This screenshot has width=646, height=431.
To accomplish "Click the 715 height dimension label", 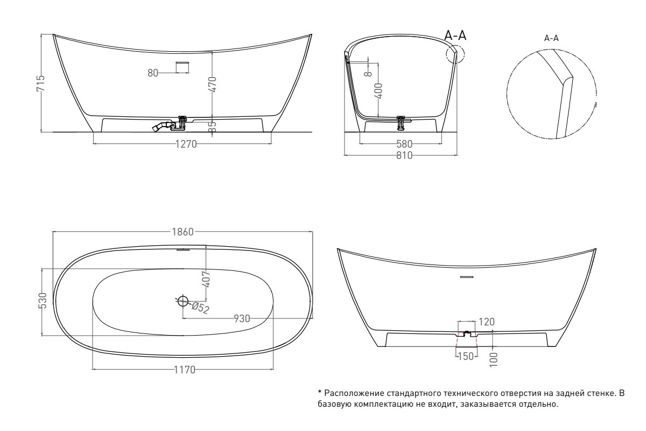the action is (41, 84).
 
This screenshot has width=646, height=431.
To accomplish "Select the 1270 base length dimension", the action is (186, 144).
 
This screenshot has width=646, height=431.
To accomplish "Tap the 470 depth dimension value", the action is (212, 84).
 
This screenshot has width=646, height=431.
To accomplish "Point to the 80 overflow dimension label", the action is (153, 73).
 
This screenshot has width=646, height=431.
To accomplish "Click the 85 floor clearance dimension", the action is (212, 127).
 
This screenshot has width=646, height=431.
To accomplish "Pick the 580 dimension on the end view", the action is (404, 144).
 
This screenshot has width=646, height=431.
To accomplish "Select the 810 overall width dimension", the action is (404, 155).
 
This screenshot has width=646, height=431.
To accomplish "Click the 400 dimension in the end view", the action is (380, 91).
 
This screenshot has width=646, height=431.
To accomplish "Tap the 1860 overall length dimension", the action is (183, 232).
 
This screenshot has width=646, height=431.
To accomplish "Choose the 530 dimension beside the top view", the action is (43, 301).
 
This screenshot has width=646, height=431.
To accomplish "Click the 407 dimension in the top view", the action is (207, 279).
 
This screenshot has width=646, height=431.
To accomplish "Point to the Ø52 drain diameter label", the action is (200, 308).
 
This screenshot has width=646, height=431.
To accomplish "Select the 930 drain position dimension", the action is (242, 319).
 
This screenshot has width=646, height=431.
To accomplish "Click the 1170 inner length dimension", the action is (185, 370).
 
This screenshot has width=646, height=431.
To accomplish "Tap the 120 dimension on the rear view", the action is (487, 322).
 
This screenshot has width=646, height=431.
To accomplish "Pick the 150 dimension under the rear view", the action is (466, 357).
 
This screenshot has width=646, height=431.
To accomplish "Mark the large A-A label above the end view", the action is (455, 36).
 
